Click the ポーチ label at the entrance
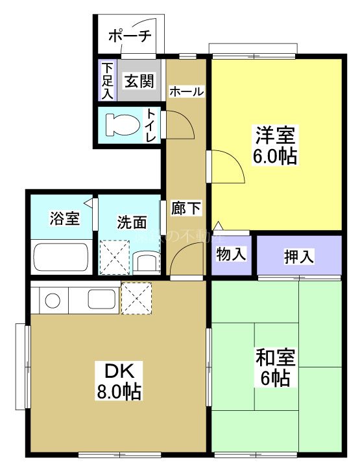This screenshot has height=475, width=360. pyautogui.click(x=130, y=36)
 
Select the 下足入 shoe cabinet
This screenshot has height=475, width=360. pyautogui.click(x=107, y=80)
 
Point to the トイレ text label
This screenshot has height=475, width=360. pyautogui.click(x=150, y=124)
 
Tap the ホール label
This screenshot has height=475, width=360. pyautogui.click(x=186, y=92)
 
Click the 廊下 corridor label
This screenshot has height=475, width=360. pyautogui.click(x=186, y=208)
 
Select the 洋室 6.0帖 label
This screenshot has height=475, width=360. pyautogui.click(x=276, y=145)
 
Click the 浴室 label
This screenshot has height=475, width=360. pyautogui.click(x=64, y=218)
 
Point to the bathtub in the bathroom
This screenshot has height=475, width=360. pyautogui.click(x=60, y=259)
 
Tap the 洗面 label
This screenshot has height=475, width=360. pyautogui.click(x=131, y=222)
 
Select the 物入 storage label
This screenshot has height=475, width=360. pyautogui.click(x=231, y=255)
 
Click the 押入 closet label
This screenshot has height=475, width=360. pyautogui.click(x=299, y=256)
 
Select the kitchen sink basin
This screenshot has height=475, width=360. pyautogui.click(x=100, y=300)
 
